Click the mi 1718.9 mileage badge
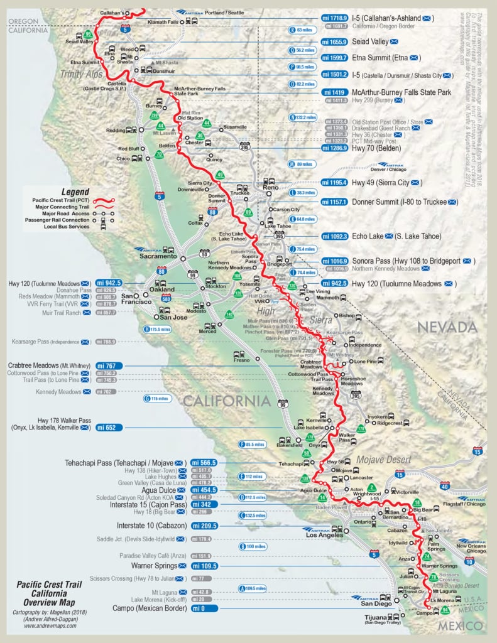[335, 18]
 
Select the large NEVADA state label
[447, 327]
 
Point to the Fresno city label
[241, 361]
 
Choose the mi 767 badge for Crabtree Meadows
[109, 365]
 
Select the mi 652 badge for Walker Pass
[109, 427]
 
